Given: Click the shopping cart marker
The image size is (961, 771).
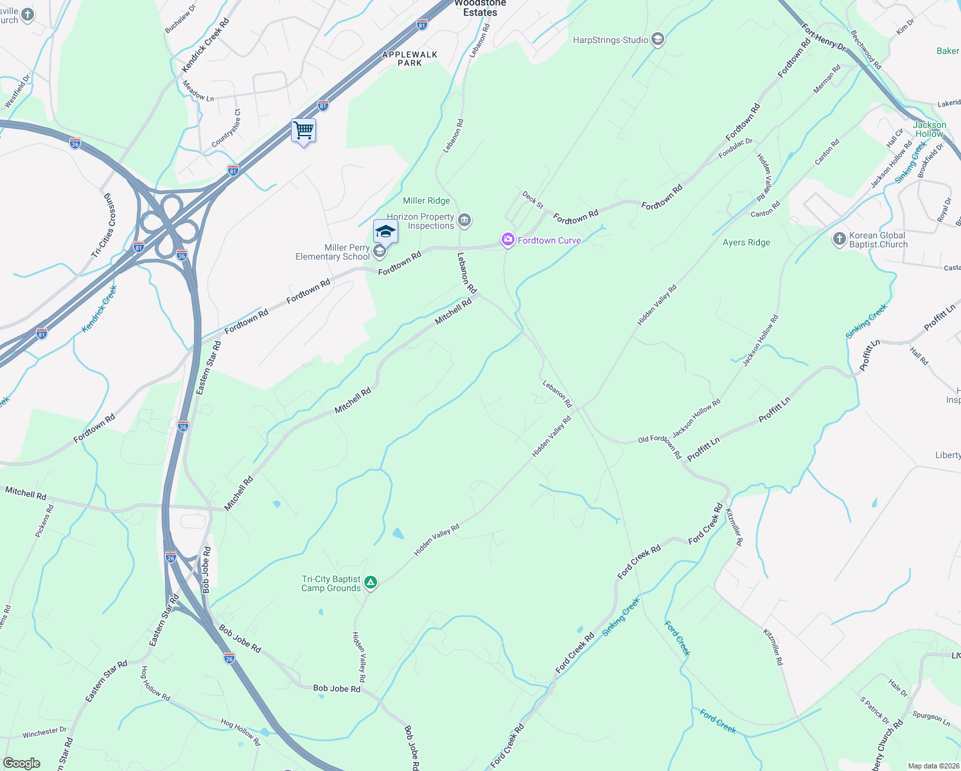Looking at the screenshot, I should [303, 130].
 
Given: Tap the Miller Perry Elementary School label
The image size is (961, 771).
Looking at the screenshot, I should [333, 252].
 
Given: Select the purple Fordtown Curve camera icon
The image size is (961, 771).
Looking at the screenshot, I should [508, 240].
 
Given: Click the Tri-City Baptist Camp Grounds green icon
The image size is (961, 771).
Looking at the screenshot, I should [370, 583].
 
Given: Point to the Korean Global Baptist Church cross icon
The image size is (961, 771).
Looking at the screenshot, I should [839, 240].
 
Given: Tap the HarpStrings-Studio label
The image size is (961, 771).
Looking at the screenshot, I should [610, 40].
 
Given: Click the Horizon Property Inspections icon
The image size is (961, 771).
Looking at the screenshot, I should [464, 221].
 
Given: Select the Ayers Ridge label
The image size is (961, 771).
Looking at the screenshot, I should [746, 242].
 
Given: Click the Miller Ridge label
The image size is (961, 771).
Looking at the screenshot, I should [426, 200].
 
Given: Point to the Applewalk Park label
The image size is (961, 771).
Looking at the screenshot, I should [409, 58].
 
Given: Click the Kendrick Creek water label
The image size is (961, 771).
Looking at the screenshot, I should [99, 309].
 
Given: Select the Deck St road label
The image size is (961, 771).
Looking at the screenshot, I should [533, 199].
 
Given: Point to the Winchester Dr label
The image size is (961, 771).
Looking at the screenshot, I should [44, 732].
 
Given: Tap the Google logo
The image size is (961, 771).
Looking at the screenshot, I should [22, 763].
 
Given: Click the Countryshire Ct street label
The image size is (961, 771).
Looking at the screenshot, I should [226, 127].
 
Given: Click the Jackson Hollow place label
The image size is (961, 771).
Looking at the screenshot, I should [930, 129].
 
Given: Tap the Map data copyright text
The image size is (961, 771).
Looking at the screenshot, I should [931, 766].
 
